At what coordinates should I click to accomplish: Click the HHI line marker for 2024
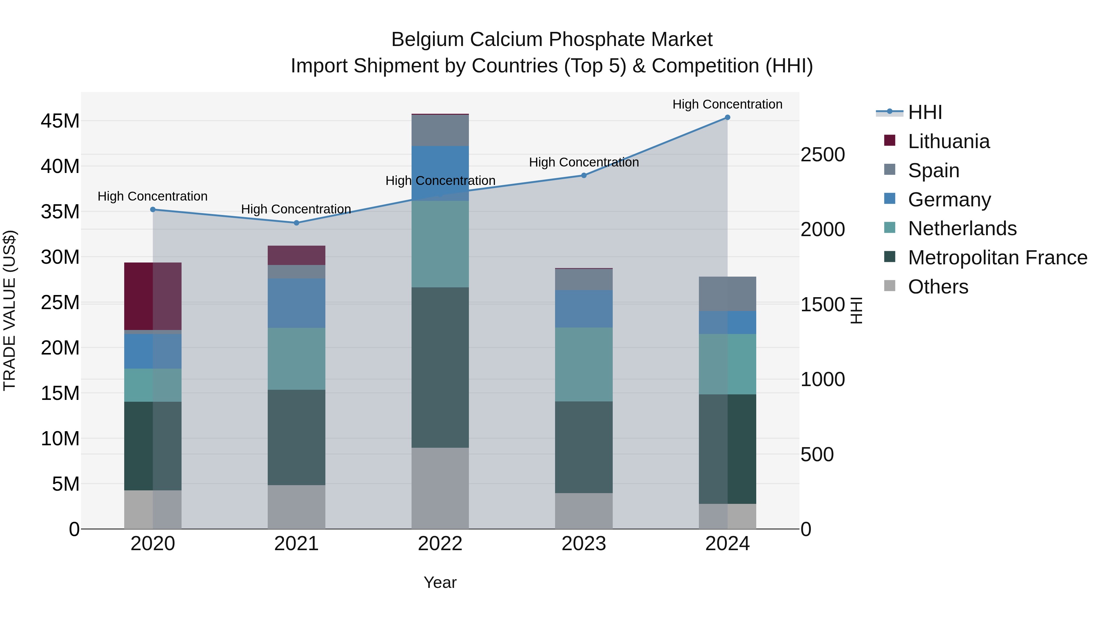(727, 117)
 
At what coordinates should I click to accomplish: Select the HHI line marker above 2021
(296, 223)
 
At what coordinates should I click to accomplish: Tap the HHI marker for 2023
(584, 175)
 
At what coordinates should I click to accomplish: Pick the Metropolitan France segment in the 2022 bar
(440, 367)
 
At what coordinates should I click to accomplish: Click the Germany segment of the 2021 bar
(296, 303)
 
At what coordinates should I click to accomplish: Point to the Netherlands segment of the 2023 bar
(584, 364)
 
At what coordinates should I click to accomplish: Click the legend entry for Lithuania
(949, 141)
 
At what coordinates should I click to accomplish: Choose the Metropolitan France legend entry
(997, 258)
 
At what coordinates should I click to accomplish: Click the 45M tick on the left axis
(60, 121)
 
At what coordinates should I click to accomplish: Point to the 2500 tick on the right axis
(822, 155)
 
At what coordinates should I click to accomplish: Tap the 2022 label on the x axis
(440, 544)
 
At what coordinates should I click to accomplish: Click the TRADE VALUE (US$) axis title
(10, 310)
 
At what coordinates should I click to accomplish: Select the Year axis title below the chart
(440, 582)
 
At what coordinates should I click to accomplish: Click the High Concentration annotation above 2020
(153, 196)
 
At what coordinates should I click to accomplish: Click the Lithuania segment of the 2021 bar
(296, 255)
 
